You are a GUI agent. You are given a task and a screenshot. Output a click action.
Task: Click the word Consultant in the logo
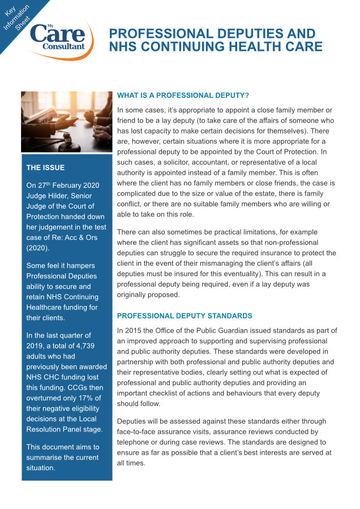point(64,46)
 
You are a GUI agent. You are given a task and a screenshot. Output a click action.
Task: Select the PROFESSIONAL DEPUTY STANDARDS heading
point(185,316)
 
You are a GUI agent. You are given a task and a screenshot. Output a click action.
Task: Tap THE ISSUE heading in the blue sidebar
point(45,167)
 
